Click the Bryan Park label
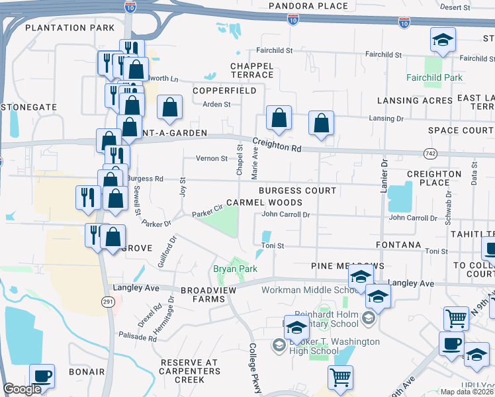pyautogui.click(x=234, y=269)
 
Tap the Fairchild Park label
pyautogui.click(x=434, y=77)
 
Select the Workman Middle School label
pyautogui.click(x=310, y=290)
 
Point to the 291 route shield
pyautogui.click(x=109, y=301)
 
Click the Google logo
pyautogui.click(x=22, y=389)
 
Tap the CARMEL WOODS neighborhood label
pyautogui.click(x=264, y=202)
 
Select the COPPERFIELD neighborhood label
pyautogui.click(x=224, y=90)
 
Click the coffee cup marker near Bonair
pyautogui.click(x=42, y=376)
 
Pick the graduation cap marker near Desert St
pyautogui.click(x=443, y=40)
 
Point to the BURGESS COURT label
pyautogui.click(x=297, y=191)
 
